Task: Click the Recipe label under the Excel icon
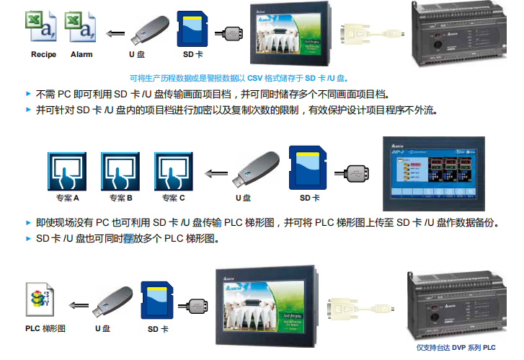tap(43, 54)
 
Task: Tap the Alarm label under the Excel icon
tap(81, 54)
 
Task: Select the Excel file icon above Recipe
tap(41, 26)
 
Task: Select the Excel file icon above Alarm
tap(80, 27)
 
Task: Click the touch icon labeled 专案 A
tap(67, 171)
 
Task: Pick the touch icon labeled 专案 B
tap(120, 171)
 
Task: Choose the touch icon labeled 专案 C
tap(174, 171)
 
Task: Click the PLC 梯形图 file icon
tap(40, 299)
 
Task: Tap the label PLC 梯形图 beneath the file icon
tap(45, 328)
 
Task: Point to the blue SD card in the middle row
tap(308, 167)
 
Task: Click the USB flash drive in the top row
tap(150, 30)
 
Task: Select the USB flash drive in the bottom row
tap(112, 302)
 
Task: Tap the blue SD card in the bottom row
tap(157, 300)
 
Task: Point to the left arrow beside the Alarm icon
tap(115, 33)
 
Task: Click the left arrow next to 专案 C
tap(216, 173)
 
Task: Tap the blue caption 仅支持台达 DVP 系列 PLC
tap(456, 348)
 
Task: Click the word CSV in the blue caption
tap(254, 79)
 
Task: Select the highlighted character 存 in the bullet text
tap(129, 239)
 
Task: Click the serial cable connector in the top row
tap(372, 34)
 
